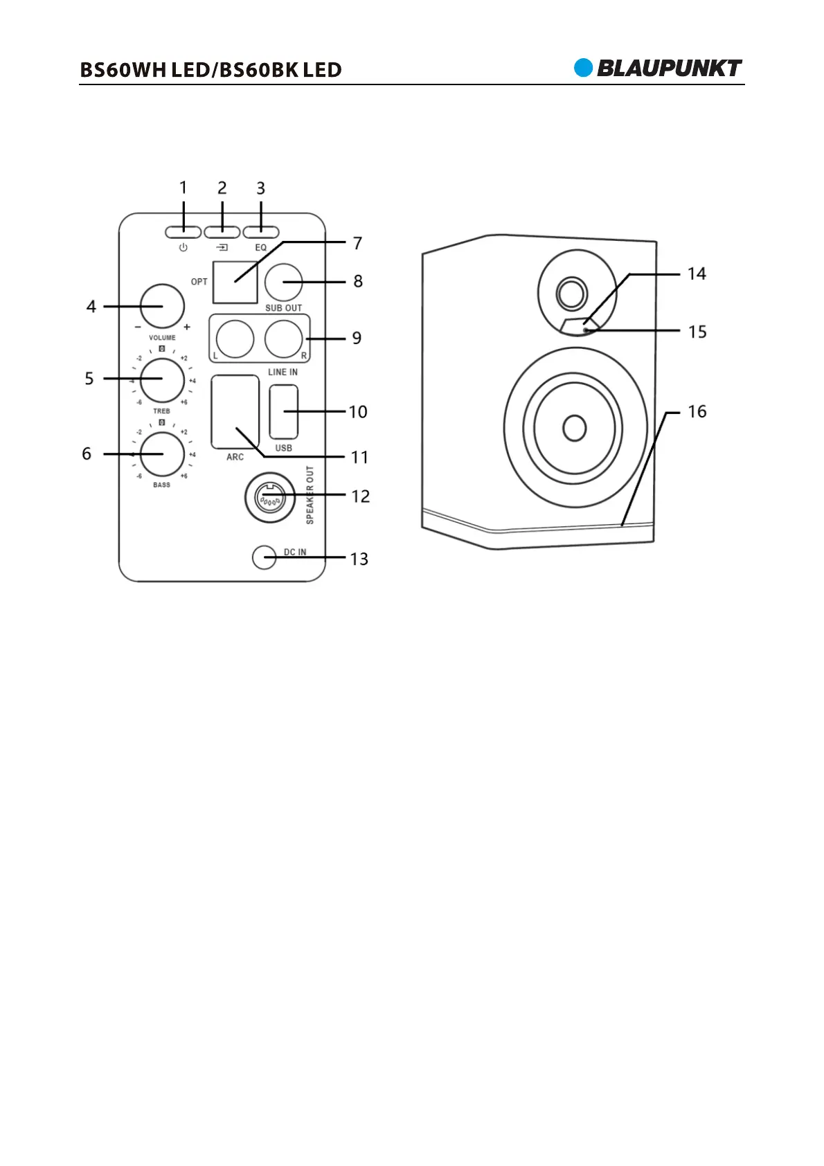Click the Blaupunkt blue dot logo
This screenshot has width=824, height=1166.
pyautogui.click(x=584, y=68)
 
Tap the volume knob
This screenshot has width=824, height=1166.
pyautogui.click(x=162, y=306)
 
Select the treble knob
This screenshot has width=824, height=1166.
pyautogui.click(x=162, y=379)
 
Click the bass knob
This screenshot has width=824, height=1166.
pyautogui.click(x=162, y=454)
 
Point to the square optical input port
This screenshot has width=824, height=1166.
pyautogui.click(x=235, y=282)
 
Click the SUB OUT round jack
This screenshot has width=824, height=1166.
pyautogui.click(x=284, y=282)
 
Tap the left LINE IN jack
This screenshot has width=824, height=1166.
pyautogui.click(x=235, y=339)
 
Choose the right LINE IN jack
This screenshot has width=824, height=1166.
pyautogui.click(x=284, y=339)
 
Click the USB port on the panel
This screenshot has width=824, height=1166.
pyautogui.click(x=284, y=411)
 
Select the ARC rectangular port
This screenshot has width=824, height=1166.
pyautogui.click(x=235, y=411)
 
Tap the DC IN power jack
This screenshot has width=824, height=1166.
pyautogui.click(x=265, y=557)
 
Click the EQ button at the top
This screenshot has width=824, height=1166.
pyautogui.click(x=261, y=232)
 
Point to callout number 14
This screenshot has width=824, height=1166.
pyautogui.click(x=697, y=274)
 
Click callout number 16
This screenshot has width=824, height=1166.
pyautogui.click(x=697, y=411)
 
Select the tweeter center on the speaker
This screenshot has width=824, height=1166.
pyautogui.click(x=572, y=294)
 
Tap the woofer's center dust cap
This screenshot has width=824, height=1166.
pyautogui.click(x=575, y=427)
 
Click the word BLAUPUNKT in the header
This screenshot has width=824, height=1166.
pyautogui.click(x=669, y=68)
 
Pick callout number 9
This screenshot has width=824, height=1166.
pyautogui.click(x=357, y=338)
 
